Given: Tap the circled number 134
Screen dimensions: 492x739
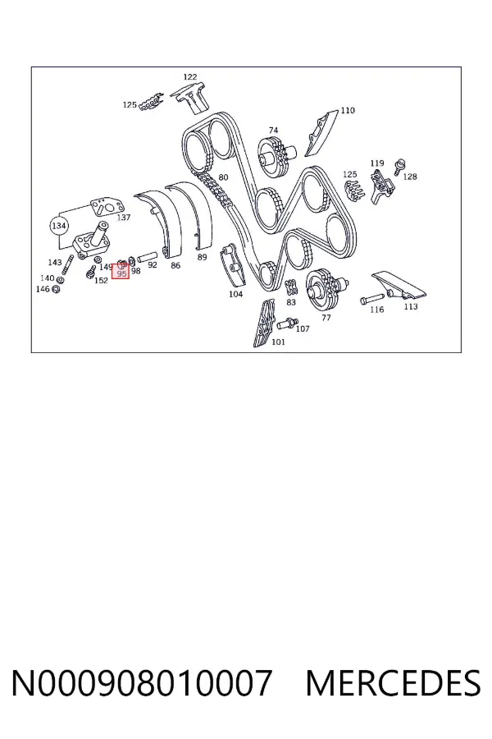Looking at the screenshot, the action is click(x=58, y=226).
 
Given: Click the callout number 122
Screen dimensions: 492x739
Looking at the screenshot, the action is click(x=189, y=76).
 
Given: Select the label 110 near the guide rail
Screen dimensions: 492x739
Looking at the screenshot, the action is click(x=348, y=110).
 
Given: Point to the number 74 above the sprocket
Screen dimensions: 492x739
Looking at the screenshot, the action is click(x=274, y=130).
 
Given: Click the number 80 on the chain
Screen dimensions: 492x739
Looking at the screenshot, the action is click(x=223, y=177).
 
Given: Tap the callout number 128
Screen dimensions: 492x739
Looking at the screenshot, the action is click(x=410, y=177).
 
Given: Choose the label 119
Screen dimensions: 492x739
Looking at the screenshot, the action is click(x=376, y=163).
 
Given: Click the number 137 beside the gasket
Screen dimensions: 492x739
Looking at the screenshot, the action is click(x=123, y=218).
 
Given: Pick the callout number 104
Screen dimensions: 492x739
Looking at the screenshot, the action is click(x=235, y=294).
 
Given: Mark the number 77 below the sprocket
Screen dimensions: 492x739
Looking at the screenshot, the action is click(x=326, y=318).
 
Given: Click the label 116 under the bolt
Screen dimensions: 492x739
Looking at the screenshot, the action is click(x=376, y=310).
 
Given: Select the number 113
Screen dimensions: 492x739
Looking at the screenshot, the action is click(x=411, y=306).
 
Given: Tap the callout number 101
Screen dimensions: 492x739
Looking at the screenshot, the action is click(x=278, y=342).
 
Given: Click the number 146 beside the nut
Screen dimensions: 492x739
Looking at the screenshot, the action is click(x=43, y=289).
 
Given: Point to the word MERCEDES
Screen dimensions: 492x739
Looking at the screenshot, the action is click(x=393, y=683).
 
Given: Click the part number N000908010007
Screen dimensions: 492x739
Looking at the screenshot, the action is click(x=141, y=683).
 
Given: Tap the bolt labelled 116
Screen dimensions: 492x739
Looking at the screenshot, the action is click(x=372, y=299).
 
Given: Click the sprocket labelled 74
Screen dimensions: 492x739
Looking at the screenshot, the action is click(x=276, y=157).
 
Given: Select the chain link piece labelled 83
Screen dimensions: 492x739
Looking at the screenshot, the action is click(x=291, y=287).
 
